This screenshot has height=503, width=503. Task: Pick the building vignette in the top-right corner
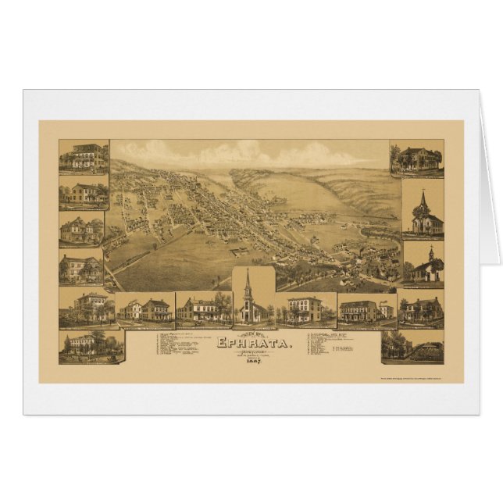click(416, 159)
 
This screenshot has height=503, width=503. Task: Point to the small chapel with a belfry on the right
click(423, 265)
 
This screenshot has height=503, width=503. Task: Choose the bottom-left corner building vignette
click(91, 346)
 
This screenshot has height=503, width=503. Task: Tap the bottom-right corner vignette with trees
click(412, 346)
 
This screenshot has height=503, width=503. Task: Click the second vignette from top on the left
click(84, 193)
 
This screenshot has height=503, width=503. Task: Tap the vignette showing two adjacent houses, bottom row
click(146, 310)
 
